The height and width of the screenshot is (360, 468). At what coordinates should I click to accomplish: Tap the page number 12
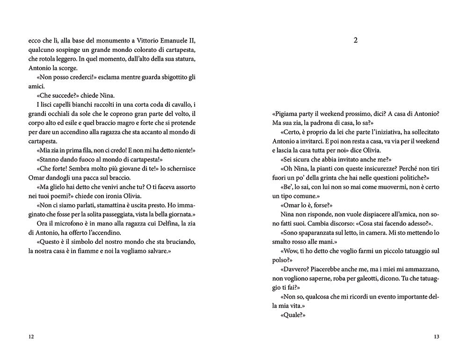click(x=31, y=336)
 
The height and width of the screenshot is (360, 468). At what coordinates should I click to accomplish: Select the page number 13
click(x=436, y=336)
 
